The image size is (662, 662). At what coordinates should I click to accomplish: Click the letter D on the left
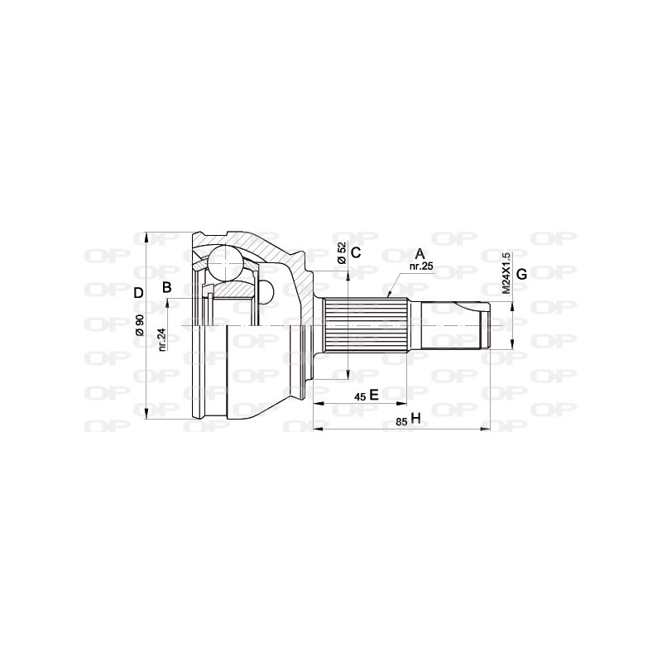139,291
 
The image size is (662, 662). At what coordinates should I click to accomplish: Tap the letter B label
166,288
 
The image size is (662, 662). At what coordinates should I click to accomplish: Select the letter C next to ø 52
355,253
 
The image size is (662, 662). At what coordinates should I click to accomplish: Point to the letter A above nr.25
420,253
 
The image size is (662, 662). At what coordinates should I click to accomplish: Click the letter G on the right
521,274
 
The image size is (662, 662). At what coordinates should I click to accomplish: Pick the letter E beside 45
373,395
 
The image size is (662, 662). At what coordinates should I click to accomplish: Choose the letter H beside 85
415,420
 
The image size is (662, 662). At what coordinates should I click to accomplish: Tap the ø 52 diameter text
340,254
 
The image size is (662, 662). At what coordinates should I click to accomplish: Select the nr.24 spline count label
162,339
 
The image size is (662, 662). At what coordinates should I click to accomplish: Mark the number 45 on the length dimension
359,396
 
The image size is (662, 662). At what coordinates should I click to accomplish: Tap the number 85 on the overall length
401,421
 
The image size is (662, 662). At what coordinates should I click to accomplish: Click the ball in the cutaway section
223,263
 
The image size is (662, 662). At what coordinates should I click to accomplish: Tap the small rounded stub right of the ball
268,291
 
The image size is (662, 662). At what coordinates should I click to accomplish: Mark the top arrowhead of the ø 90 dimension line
147,235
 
